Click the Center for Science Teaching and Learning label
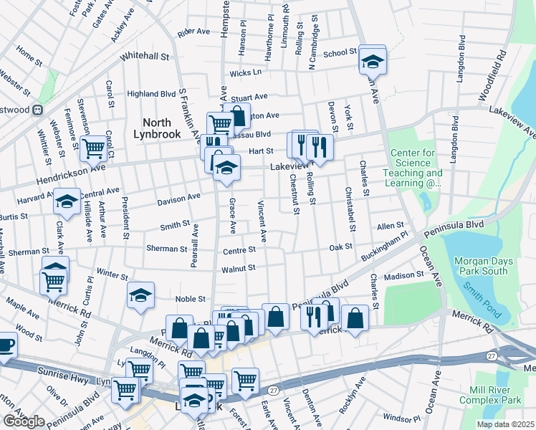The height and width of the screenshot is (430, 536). coord(416,168)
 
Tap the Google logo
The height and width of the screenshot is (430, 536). coord(24,421)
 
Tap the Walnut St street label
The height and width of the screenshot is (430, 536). coord(238,268)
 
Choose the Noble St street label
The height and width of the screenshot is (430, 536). coord(191,299)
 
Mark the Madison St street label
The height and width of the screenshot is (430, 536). coord(403,276)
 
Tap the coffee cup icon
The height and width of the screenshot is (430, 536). coord(6,344)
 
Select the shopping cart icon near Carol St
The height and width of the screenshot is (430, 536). coord(93,149)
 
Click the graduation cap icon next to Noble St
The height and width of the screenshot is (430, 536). coord(141,295)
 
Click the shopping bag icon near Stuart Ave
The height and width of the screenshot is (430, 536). coord(236,115)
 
